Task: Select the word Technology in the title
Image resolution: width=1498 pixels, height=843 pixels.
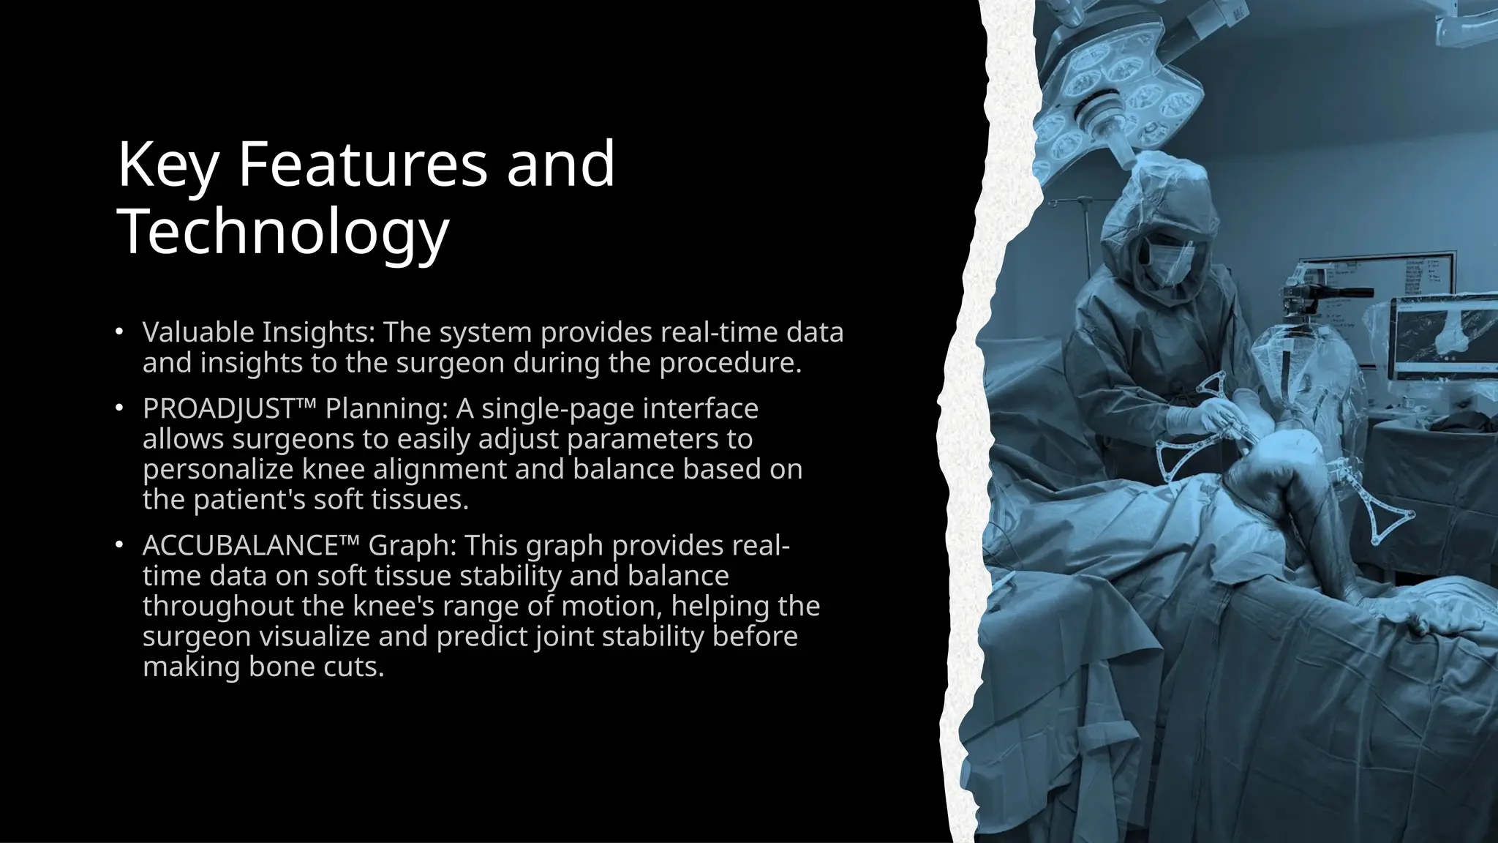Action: pyautogui.click(x=282, y=231)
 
